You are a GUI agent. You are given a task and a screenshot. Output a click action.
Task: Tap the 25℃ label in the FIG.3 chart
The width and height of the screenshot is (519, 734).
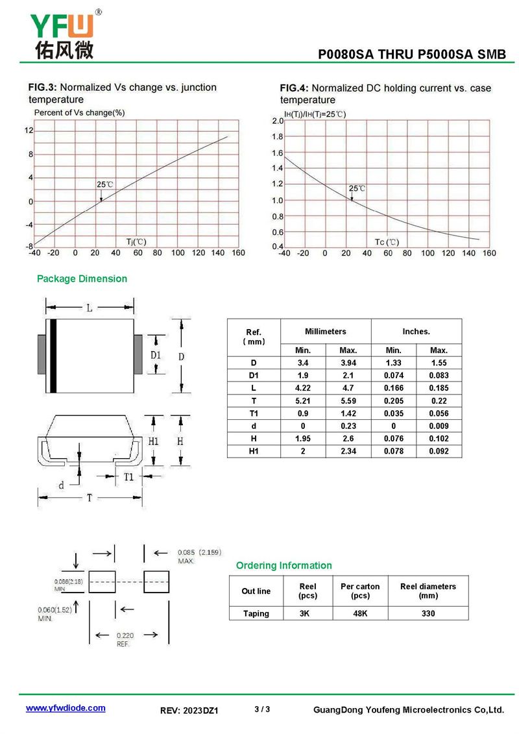pos(104,184)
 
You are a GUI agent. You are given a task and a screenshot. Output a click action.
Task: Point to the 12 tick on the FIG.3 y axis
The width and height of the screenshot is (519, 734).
pos(29,130)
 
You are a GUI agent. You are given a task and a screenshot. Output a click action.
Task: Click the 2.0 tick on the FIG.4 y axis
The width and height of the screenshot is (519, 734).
pos(278,121)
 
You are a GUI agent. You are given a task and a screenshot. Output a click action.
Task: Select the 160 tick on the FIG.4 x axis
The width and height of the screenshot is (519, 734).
pos(489,253)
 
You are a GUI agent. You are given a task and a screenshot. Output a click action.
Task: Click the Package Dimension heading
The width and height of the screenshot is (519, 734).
pos(82,278)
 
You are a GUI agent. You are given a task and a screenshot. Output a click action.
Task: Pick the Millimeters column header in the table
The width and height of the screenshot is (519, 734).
pos(325,331)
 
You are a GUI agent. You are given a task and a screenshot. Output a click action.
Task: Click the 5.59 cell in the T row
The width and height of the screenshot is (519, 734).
pos(348,401)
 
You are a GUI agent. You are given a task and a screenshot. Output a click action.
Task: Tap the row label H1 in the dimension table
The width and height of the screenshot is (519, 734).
pos(254,451)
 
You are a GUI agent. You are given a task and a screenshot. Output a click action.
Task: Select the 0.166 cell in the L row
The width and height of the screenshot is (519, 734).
pos(393,388)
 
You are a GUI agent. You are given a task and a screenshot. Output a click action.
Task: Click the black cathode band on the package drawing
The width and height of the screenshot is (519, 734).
pos(53,356)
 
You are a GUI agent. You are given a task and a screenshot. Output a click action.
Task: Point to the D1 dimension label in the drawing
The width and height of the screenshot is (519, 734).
pos(155,355)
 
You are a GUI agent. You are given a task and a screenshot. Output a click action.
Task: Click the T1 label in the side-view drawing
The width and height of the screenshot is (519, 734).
pos(129,477)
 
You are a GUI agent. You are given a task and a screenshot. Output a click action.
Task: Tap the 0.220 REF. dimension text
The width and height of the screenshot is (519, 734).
pos(125,640)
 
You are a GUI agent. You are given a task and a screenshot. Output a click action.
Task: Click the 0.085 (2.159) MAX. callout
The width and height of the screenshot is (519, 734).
pos(199,556)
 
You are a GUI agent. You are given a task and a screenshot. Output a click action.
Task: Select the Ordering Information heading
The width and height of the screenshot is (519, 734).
pos(284,565)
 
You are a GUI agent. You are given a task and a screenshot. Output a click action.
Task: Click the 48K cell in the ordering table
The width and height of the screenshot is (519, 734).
pos(360,613)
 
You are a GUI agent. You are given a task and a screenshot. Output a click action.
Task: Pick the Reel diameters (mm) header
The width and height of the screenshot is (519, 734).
pos(428,591)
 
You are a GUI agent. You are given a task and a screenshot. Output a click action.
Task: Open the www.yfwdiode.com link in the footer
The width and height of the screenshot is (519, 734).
pos(65,708)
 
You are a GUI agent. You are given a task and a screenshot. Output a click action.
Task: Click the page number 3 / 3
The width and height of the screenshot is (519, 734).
pos(262,709)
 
